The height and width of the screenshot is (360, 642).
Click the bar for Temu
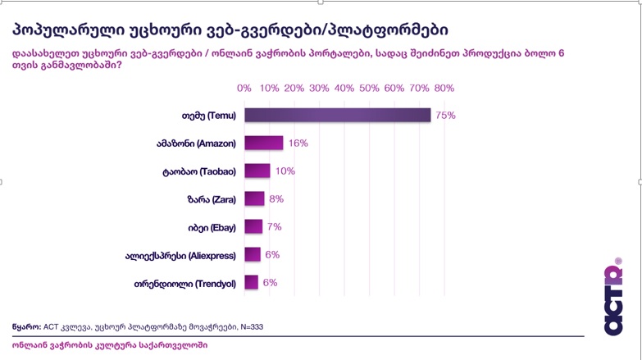(337, 116)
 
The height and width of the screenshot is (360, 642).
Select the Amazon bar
(263, 144)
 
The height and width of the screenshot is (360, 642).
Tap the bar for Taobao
(257, 171)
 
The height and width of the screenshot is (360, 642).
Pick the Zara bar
(254, 199)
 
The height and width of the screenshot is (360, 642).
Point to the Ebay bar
(253, 227)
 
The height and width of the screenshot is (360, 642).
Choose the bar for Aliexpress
(252, 255)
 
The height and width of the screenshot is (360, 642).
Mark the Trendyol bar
(251, 283)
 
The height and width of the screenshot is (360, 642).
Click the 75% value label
(445, 116)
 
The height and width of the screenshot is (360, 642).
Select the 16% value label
(298, 144)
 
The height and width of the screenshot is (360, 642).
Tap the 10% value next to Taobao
(285, 171)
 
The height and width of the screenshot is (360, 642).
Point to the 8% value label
(275, 199)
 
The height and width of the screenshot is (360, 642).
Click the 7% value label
(274, 227)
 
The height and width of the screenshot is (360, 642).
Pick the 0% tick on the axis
(244, 88)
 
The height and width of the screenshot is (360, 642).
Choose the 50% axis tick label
(370, 88)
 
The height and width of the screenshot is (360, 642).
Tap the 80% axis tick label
(444, 88)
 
